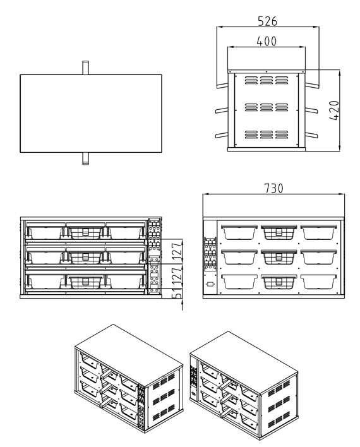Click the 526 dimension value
pyautogui.click(x=267, y=21)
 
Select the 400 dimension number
pyautogui.click(x=267, y=41)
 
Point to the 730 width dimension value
pyautogui.click(x=273, y=188)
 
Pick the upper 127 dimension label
pyautogui.click(x=177, y=250)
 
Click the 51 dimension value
pyautogui.click(x=177, y=294)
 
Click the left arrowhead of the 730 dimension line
pyautogui.click(x=206, y=194)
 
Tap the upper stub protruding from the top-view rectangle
pyautogui.click(x=85, y=68)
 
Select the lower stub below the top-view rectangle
pyautogui.click(x=85, y=158)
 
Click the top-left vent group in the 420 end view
pyautogui.click(x=251, y=80)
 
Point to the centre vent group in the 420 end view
pyautogui.click(x=266, y=107)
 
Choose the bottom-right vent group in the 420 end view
pyautogui.click(x=281, y=134)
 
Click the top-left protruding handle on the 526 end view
pyautogui.click(x=222, y=85)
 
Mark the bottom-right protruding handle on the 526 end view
pyautogui.click(x=311, y=134)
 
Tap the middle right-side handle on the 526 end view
pyautogui.click(x=311, y=110)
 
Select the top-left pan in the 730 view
pyautogui.click(x=239, y=232)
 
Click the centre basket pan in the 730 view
pyautogui.click(x=279, y=257)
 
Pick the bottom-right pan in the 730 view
pyautogui.click(x=319, y=282)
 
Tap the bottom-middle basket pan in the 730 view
pyautogui.click(x=279, y=282)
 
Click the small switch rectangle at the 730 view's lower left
pyautogui.click(x=210, y=285)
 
